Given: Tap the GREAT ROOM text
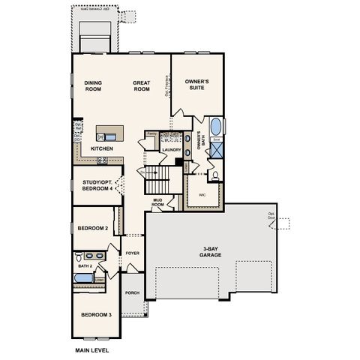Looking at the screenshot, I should tap(142, 86).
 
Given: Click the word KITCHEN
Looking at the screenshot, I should tap(102, 148).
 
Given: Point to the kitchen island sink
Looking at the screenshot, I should tap(110, 136).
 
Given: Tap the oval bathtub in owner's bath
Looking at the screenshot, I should tap(215, 125).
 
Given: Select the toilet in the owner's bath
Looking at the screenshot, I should tap(215, 176).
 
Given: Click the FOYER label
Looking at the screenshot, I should tap(133, 253).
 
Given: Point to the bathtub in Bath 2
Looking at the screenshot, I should tap(82, 280).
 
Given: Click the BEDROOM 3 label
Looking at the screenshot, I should tap(96, 314).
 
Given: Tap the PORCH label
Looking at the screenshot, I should tap(132, 292).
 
